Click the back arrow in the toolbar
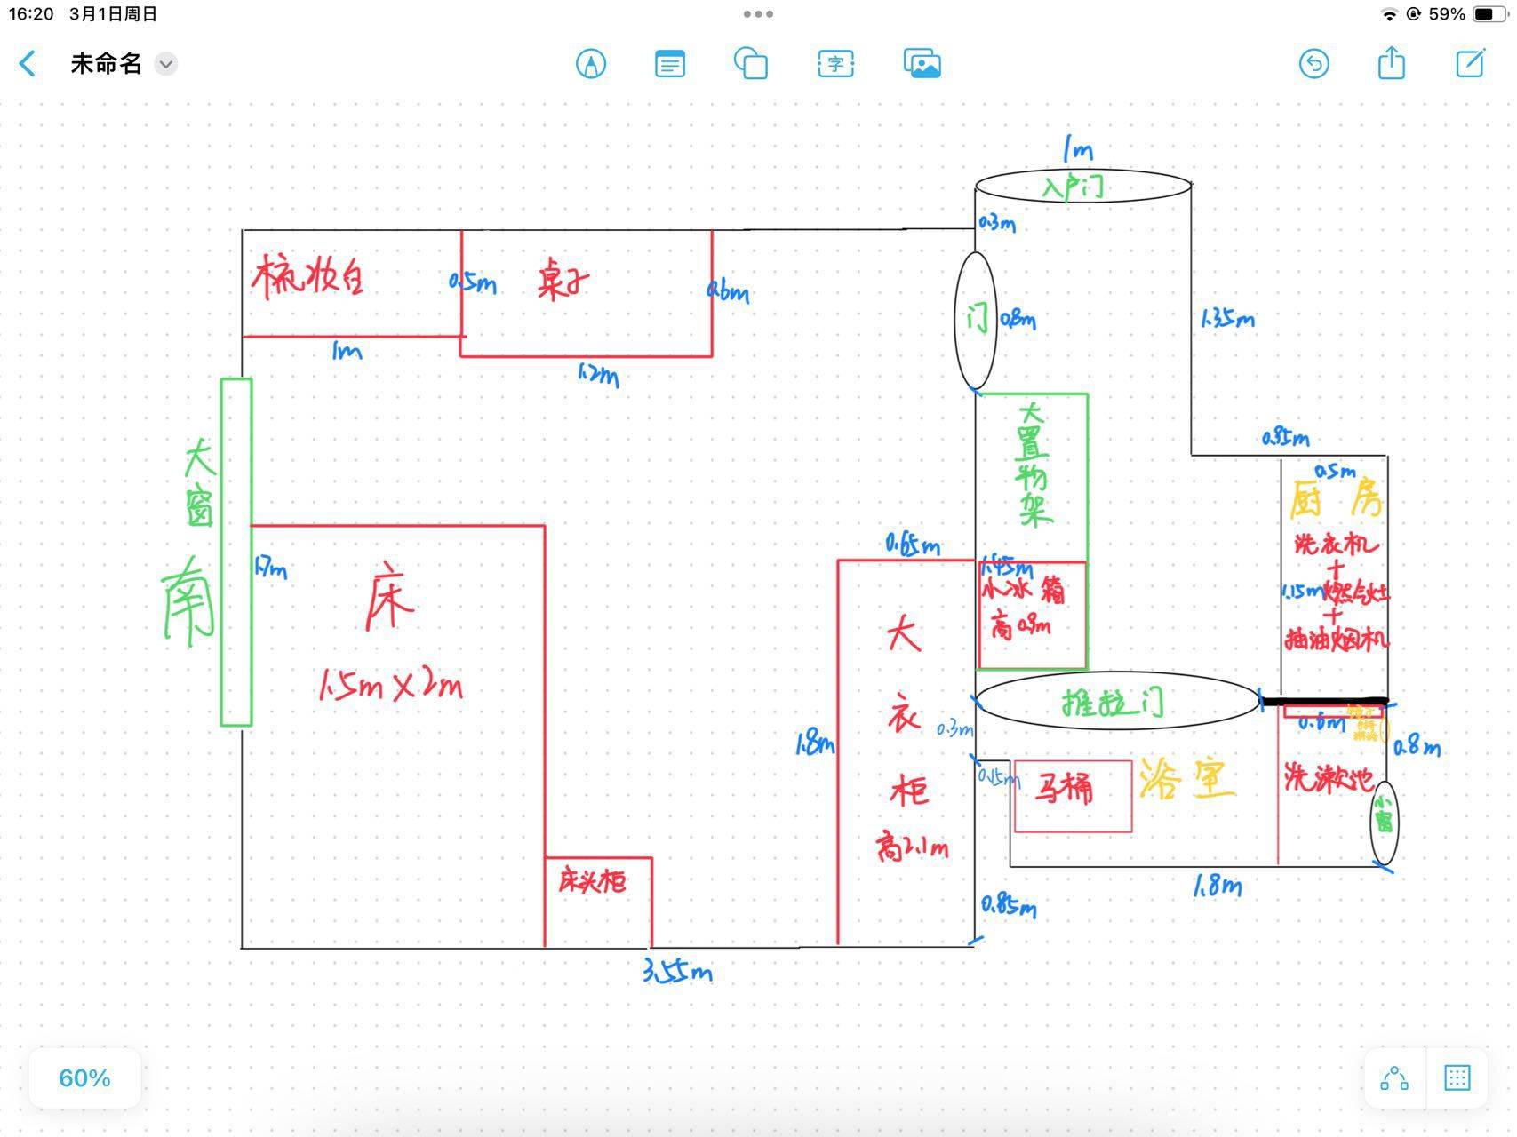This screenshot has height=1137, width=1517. click(x=28, y=64)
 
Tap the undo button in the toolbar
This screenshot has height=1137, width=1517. click(x=1313, y=64)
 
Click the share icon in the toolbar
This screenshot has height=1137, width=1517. click(x=1391, y=64)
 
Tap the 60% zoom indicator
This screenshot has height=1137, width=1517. click(x=84, y=1078)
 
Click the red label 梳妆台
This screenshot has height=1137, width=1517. click(x=307, y=277)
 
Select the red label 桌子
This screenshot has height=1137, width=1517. click(x=563, y=283)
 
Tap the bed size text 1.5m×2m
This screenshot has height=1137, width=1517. click(x=391, y=686)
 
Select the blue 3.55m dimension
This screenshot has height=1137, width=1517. click(x=677, y=972)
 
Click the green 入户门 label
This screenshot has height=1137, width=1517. click(x=1074, y=187)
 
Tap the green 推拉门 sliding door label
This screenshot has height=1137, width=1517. click(x=1113, y=704)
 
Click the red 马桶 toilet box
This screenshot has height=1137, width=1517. click(x=1072, y=795)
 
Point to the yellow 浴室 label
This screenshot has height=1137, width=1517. click(x=1187, y=780)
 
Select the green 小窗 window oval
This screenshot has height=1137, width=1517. click(x=1384, y=822)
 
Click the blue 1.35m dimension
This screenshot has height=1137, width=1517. click(x=1227, y=318)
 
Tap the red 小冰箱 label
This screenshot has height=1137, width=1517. click(x=1023, y=591)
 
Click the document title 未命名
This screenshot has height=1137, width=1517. click(x=106, y=64)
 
